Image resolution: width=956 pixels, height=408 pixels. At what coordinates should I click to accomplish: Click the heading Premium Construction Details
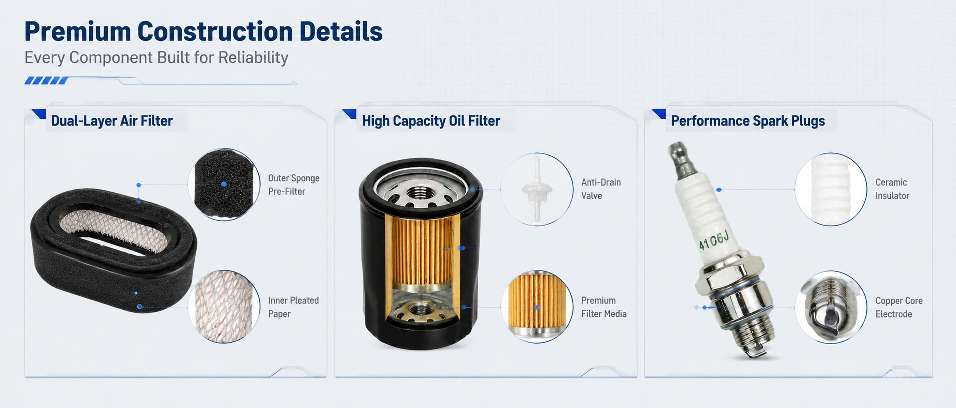[204, 31]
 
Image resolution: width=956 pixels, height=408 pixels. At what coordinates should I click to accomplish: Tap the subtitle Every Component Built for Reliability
[156, 58]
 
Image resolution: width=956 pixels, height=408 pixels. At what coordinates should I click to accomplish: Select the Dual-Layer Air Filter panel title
[112, 121]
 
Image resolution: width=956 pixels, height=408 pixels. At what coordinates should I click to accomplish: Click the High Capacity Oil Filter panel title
[431, 121]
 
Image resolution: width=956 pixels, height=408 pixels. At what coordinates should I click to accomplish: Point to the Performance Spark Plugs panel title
[748, 121]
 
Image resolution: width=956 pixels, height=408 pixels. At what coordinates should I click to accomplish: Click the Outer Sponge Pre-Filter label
[293, 185]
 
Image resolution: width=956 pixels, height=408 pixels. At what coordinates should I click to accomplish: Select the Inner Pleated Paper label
[293, 307]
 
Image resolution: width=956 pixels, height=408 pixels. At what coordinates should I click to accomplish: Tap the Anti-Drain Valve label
[601, 189]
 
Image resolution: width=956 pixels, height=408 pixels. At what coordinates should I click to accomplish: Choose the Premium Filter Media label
[603, 307]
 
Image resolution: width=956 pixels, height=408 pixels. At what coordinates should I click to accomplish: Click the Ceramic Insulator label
[892, 189]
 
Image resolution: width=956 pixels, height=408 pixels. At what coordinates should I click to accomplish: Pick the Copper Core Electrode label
[899, 307]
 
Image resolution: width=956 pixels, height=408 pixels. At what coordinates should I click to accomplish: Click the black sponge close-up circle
[224, 184]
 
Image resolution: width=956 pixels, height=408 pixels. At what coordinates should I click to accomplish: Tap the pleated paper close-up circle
[224, 307]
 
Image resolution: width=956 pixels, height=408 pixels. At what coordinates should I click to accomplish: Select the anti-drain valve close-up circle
[537, 189]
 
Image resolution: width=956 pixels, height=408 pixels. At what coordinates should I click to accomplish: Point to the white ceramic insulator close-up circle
[831, 189]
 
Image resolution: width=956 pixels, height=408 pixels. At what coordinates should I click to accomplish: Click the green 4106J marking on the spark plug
[714, 240]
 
